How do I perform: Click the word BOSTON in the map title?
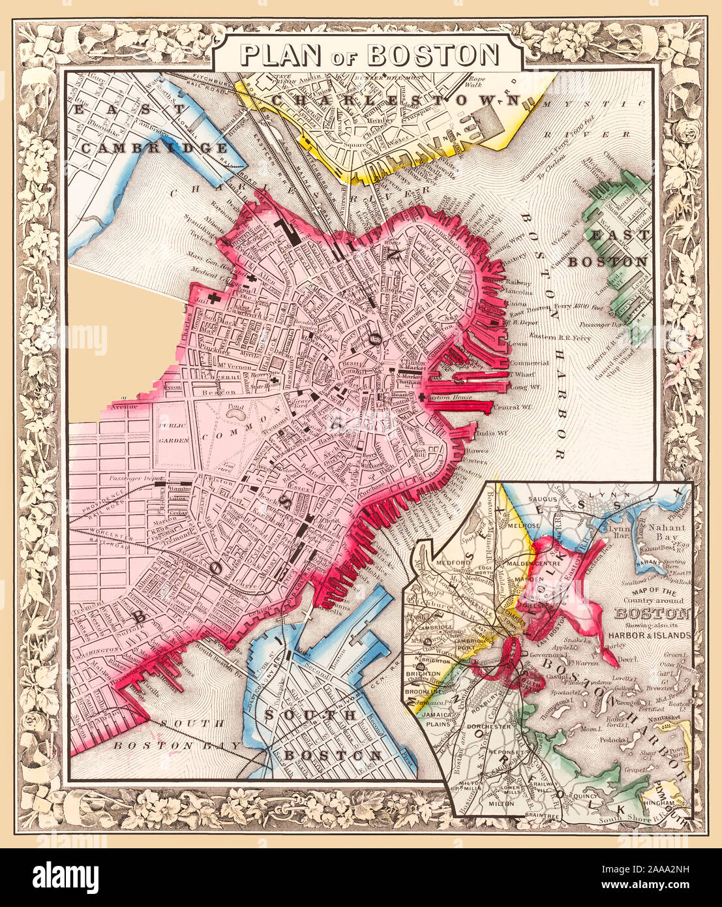pyautogui.click(x=433, y=55)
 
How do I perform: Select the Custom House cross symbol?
pyautogui.click(x=422, y=397)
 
